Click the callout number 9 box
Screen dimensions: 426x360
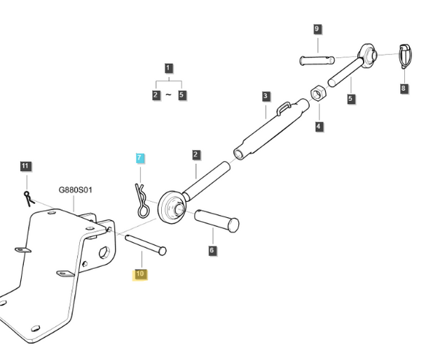tap(317, 29)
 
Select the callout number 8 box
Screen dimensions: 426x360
tap(404, 88)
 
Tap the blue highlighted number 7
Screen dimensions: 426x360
tap(139, 158)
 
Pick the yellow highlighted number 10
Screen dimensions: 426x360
tap(140, 275)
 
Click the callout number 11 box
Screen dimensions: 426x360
tap(25, 166)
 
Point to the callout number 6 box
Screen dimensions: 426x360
tap(212, 250)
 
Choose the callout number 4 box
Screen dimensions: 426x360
tap(319, 126)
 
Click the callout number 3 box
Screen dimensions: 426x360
tap(266, 96)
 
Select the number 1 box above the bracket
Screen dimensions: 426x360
tap(168, 68)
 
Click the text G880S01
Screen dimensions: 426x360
tap(76, 190)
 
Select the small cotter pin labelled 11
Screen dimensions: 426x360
tap(29, 199)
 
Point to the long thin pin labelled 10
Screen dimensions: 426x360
tap(146, 245)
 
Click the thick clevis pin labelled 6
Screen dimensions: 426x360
tap(217, 221)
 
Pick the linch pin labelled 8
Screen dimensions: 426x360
tap(406, 56)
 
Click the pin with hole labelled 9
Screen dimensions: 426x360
tap(317, 60)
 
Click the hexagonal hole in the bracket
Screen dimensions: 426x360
tap(104, 253)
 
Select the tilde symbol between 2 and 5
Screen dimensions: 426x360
tap(168, 95)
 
